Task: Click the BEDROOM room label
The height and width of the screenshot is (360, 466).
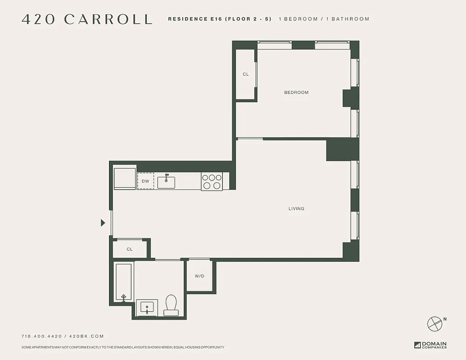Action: pyautogui.click(x=296, y=92)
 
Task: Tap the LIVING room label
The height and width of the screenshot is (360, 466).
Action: pyautogui.click(x=296, y=209)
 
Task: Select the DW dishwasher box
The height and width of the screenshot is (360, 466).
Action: pyautogui.click(x=145, y=181)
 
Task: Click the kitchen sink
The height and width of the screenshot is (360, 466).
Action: pyautogui.click(x=166, y=181)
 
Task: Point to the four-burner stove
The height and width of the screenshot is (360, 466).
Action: pyautogui.click(x=212, y=181)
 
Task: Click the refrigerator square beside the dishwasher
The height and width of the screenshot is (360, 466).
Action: pyautogui.click(x=125, y=179)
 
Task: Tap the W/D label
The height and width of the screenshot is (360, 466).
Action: pyautogui.click(x=199, y=276)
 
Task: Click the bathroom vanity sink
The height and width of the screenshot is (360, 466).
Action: pyautogui.click(x=147, y=308)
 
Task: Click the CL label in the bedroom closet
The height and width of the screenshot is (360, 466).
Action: pyautogui.click(x=246, y=74)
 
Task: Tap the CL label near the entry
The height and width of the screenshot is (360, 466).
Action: pyautogui.click(x=130, y=249)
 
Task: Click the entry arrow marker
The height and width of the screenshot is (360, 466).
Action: pyautogui.click(x=103, y=223)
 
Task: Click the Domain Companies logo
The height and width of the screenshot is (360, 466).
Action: pyautogui.click(x=430, y=345)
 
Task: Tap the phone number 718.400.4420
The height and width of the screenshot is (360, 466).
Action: pyautogui.click(x=42, y=336)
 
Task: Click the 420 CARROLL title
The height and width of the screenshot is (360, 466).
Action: pyautogui.click(x=87, y=19)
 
